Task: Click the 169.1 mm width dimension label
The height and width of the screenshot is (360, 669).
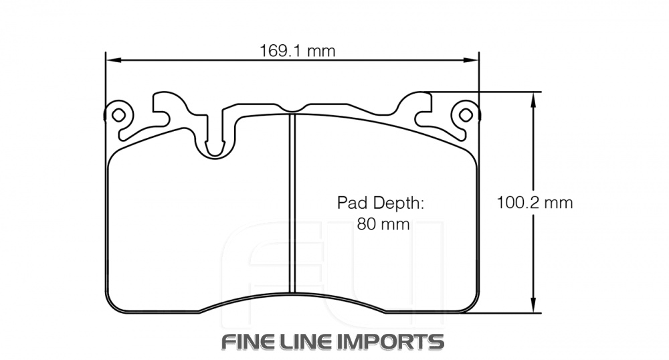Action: coord(297,51)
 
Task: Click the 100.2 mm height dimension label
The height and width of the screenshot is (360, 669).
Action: coord(535,203)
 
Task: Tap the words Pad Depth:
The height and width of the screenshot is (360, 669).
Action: coord(381,202)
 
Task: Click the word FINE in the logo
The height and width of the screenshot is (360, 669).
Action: coord(252,342)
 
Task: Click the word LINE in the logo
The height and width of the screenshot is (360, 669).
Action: coord(313,342)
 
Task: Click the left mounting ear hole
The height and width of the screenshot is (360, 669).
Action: coord(118,114)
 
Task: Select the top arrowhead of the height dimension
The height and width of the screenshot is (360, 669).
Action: coord(533,98)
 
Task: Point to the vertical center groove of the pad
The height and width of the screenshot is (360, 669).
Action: coord(292,201)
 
